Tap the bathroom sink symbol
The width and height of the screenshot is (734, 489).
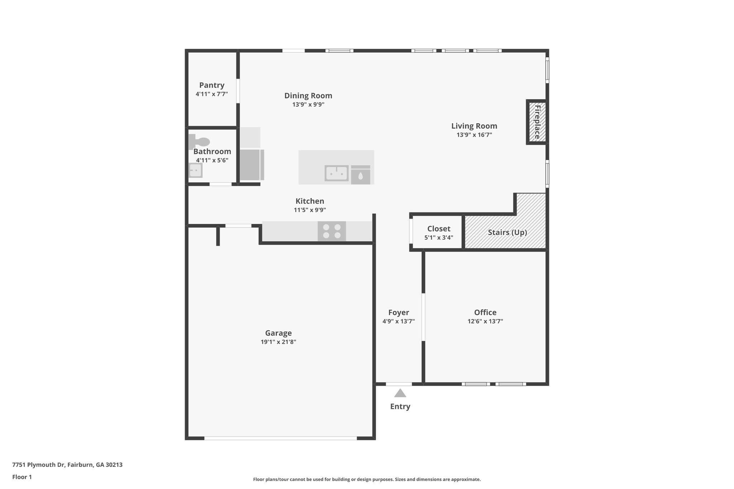196,170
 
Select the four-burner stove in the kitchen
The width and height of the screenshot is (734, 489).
332,231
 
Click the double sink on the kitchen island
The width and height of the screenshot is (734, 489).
337,173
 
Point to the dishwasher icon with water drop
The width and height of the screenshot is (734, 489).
360,175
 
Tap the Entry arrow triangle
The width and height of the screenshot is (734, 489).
400,393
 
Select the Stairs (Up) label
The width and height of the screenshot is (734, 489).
507,232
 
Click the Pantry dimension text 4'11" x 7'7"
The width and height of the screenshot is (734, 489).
211,94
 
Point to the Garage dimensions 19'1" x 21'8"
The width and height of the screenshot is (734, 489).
278,342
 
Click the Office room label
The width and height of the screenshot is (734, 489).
485,312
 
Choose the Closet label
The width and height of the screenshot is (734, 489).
439,229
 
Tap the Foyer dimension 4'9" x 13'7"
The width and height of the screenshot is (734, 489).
398,321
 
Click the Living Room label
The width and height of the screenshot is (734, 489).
474,126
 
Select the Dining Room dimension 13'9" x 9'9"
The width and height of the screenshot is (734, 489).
308,105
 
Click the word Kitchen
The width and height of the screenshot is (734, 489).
310,201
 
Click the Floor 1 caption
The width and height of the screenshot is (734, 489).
22,477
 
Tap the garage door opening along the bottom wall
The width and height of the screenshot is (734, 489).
280,438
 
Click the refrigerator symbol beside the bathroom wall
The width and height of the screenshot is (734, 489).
251,165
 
